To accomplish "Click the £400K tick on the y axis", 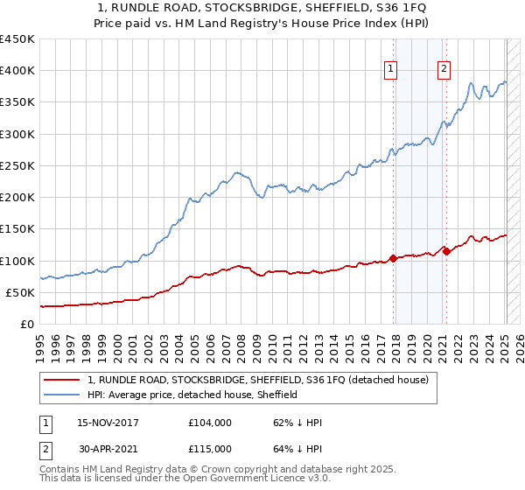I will point(17,71).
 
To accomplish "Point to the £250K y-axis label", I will point(17,165).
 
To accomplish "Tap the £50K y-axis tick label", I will point(20,292).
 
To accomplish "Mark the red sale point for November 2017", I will point(393,258).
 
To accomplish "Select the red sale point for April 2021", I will point(446,251).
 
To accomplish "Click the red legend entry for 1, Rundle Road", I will point(257,380).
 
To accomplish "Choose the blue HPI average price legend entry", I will point(192,395).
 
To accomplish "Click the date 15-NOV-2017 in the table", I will point(108,422).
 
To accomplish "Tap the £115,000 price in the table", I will point(210,448).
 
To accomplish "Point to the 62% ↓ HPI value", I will point(297,422).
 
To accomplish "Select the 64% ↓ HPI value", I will point(297,448).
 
